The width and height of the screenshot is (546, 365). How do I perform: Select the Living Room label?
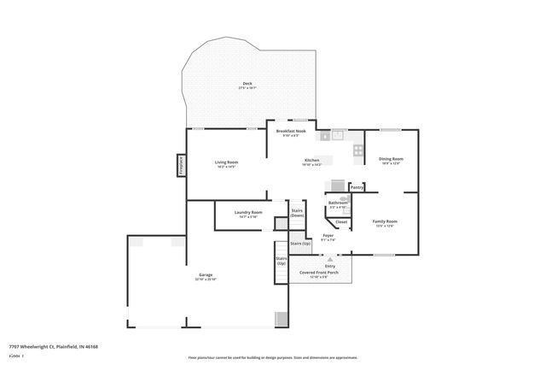tap(226, 162)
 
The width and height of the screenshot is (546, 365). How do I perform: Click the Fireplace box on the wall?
tap(182, 164)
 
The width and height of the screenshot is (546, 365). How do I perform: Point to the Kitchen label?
tap(312, 161)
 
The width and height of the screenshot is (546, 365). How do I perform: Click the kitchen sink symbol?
tap(338, 135)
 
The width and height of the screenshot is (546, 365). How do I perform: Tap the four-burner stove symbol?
tap(359, 152)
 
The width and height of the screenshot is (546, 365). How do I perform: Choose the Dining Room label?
tap(392, 158)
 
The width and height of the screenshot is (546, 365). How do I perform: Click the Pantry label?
tap(357, 187)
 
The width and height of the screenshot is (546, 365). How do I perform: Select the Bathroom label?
tap(338, 203)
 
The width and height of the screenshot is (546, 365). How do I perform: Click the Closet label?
tap(340, 222)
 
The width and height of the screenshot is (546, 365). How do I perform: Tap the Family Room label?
tap(385, 221)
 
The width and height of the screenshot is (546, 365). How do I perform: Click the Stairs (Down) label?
tap(297, 213)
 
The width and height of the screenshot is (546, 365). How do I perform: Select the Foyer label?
tap(328, 236)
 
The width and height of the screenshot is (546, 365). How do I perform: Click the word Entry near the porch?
tap(330, 266)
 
